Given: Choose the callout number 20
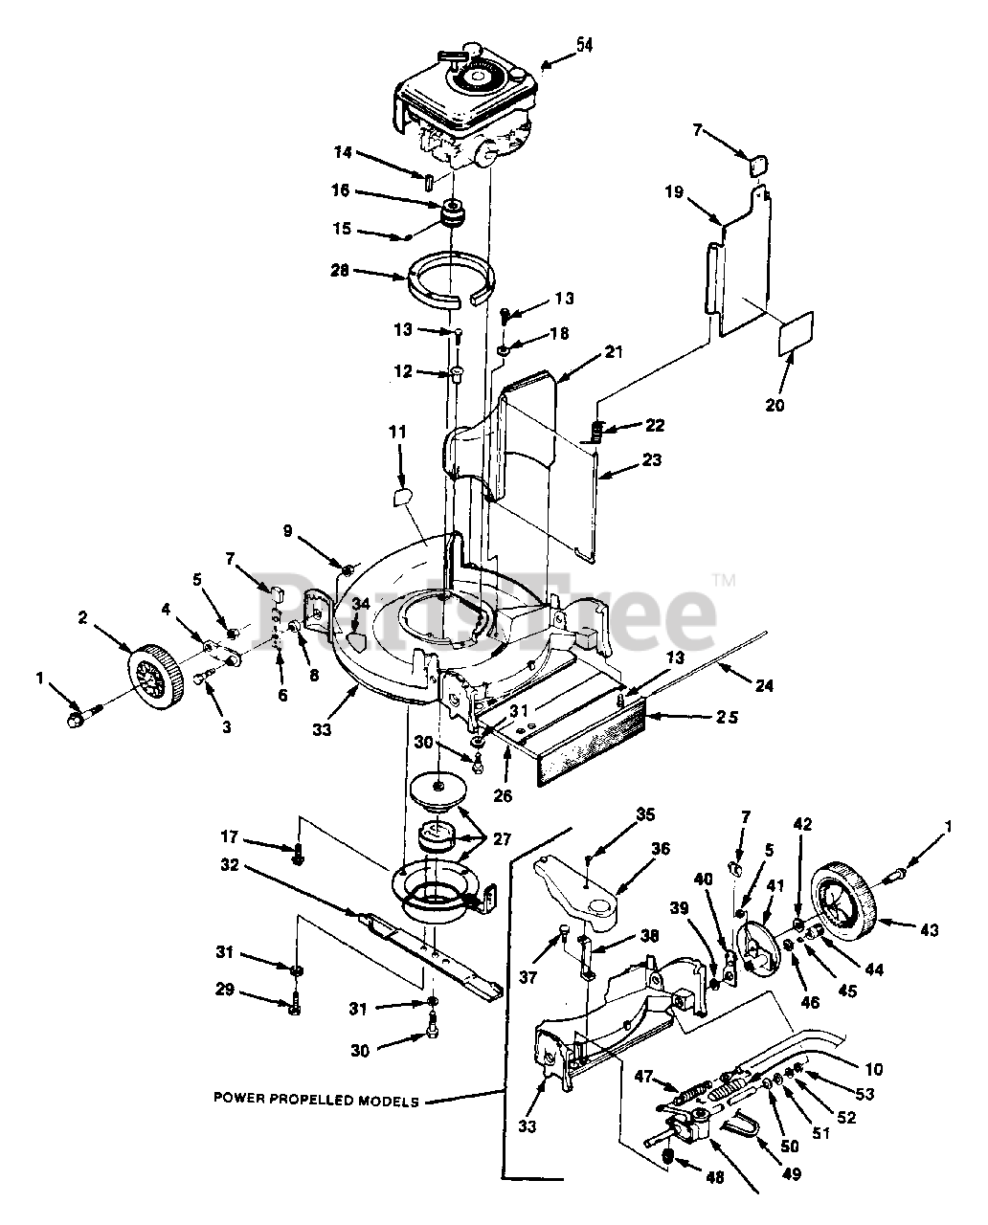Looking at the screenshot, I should click(x=775, y=405).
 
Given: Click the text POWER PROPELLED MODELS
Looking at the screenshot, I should click(x=316, y=1102).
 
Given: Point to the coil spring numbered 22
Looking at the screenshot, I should click(x=599, y=432).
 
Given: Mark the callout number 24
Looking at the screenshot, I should click(x=763, y=685).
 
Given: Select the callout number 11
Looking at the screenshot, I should click(x=397, y=433).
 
